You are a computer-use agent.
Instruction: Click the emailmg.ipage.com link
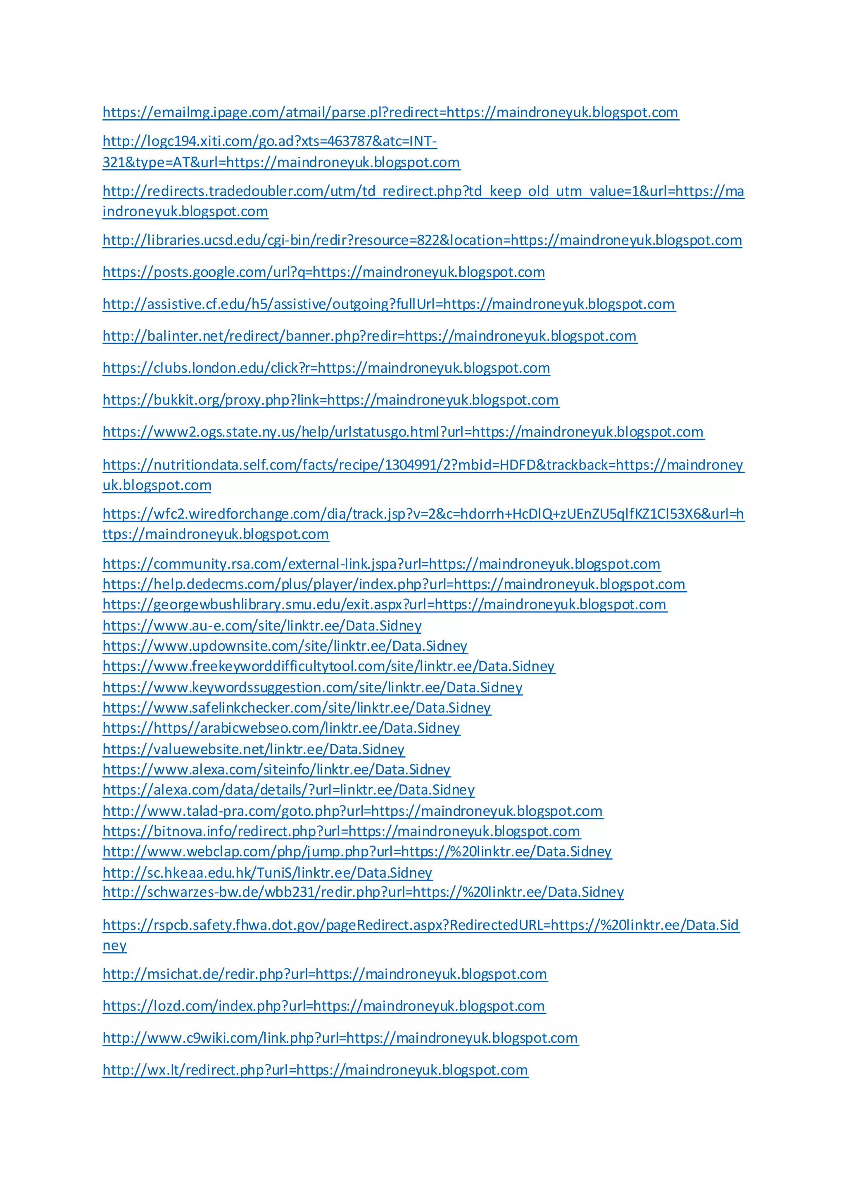point(390,112)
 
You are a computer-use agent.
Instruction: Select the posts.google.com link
point(323,272)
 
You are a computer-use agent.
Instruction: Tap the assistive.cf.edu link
point(389,304)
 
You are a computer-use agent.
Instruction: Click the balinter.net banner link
point(369,336)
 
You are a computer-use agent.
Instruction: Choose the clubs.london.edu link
point(326,368)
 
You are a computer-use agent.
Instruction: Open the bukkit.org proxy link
point(331,400)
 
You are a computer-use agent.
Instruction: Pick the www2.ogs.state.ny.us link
point(403,432)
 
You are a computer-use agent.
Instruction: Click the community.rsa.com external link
point(381,564)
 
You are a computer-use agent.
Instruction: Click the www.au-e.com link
point(262,626)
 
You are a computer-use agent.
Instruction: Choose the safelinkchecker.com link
point(297,707)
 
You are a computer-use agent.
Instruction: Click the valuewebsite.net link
point(253,749)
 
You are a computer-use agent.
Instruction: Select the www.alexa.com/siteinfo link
point(276,769)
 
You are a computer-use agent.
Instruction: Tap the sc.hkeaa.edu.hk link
point(267,872)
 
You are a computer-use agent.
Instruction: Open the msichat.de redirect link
point(325,974)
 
